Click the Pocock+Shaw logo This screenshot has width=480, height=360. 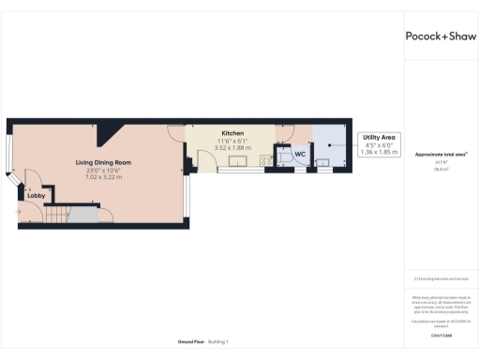441,36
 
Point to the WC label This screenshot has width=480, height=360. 300,153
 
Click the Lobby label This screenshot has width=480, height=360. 36,195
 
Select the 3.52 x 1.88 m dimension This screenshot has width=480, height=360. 232,147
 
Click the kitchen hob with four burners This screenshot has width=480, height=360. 266,160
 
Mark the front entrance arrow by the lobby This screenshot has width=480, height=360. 18,211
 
